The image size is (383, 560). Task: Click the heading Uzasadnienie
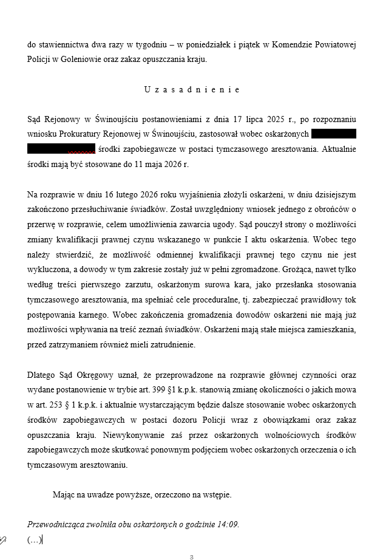pos(192,89)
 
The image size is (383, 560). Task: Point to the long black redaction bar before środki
pos(61,149)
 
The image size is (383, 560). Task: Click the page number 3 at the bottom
pos(191,556)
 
